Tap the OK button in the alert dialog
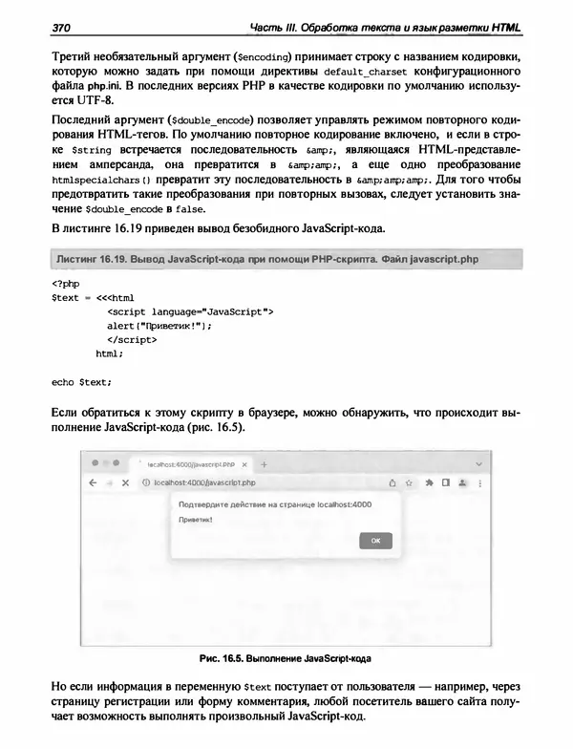point(375,540)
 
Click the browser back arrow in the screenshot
point(93,483)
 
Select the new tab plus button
point(265,464)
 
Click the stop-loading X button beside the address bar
point(125,483)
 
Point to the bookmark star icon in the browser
point(411,483)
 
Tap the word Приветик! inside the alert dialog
point(196,520)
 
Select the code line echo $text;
point(81,382)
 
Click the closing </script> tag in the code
point(132,339)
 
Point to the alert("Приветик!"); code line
point(159,325)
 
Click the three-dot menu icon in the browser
point(477,483)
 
